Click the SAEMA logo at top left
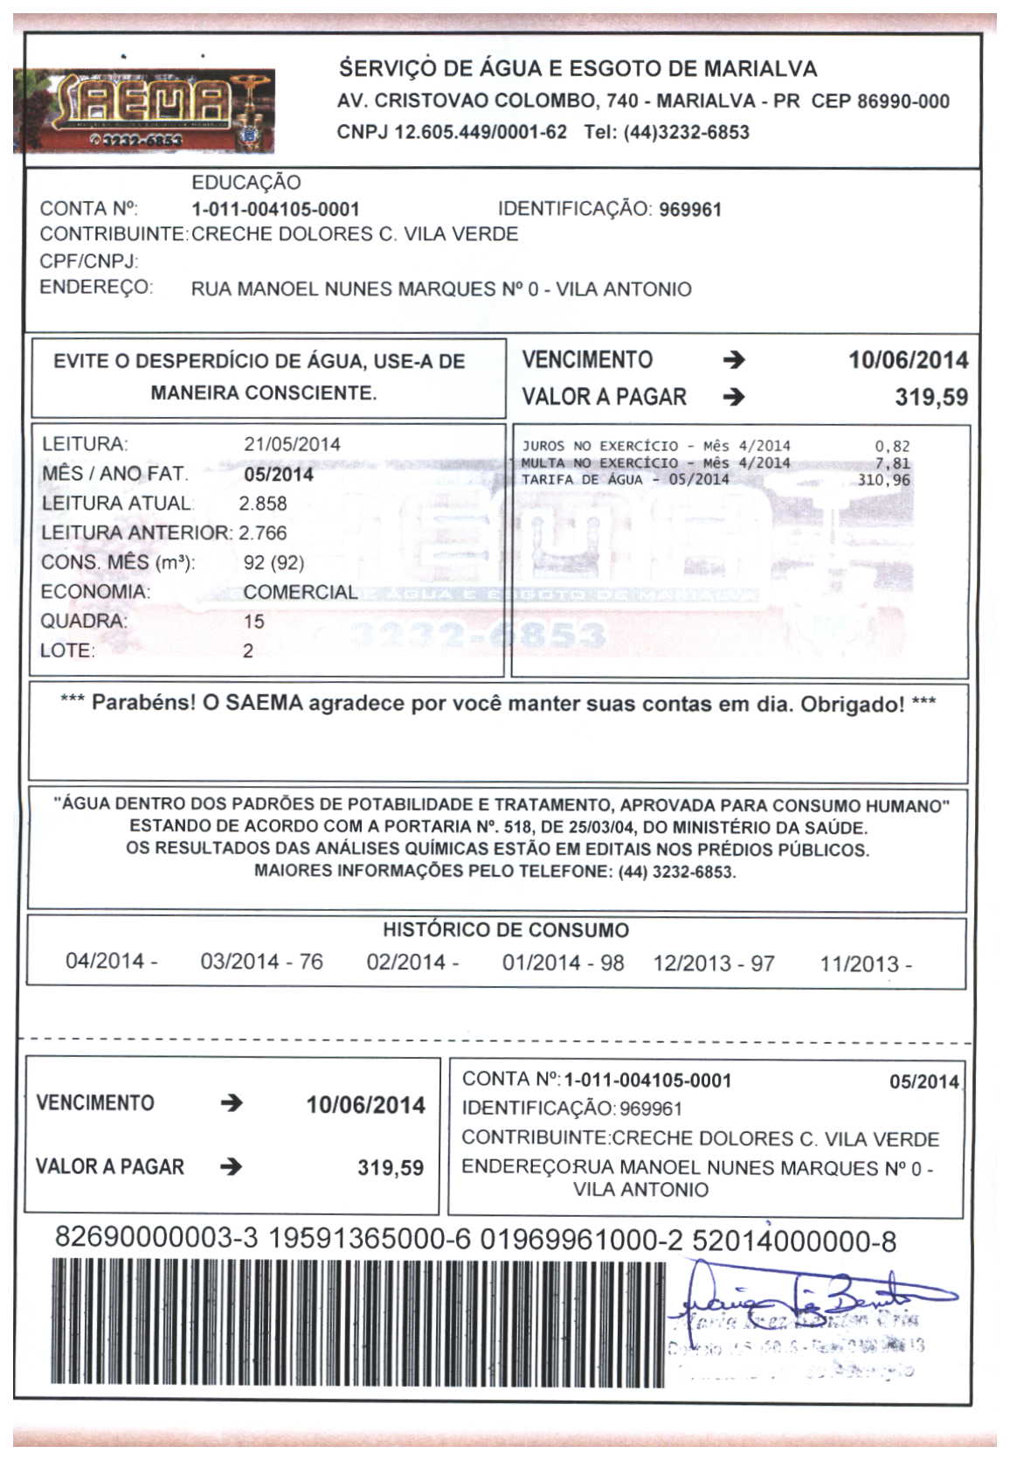pyautogui.click(x=144, y=110)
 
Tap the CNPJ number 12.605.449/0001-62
pyautogui.click(x=481, y=133)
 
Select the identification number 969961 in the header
pyautogui.click(x=690, y=210)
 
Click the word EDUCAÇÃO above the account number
pyautogui.click(x=246, y=183)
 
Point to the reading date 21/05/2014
pyautogui.click(x=292, y=444)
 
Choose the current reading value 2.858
pyautogui.click(x=263, y=504)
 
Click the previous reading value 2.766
pyautogui.click(x=263, y=533)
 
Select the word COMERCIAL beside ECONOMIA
pyautogui.click(x=300, y=592)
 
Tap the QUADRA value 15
pyautogui.click(x=254, y=622)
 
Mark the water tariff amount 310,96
pyautogui.click(x=883, y=480)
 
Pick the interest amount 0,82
pyautogui.click(x=892, y=447)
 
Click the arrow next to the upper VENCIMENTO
pyautogui.click(x=735, y=360)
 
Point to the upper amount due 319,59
pyautogui.click(x=931, y=398)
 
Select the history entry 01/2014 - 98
pyautogui.click(x=563, y=963)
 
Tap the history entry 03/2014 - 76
pyautogui.click(x=261, y=963)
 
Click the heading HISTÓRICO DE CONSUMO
pyautogui.click(x=506, y=930)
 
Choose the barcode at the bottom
pyautogui.click(x=349, y=1321)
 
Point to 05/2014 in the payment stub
pyautogui.click(x=924, y=1082)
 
